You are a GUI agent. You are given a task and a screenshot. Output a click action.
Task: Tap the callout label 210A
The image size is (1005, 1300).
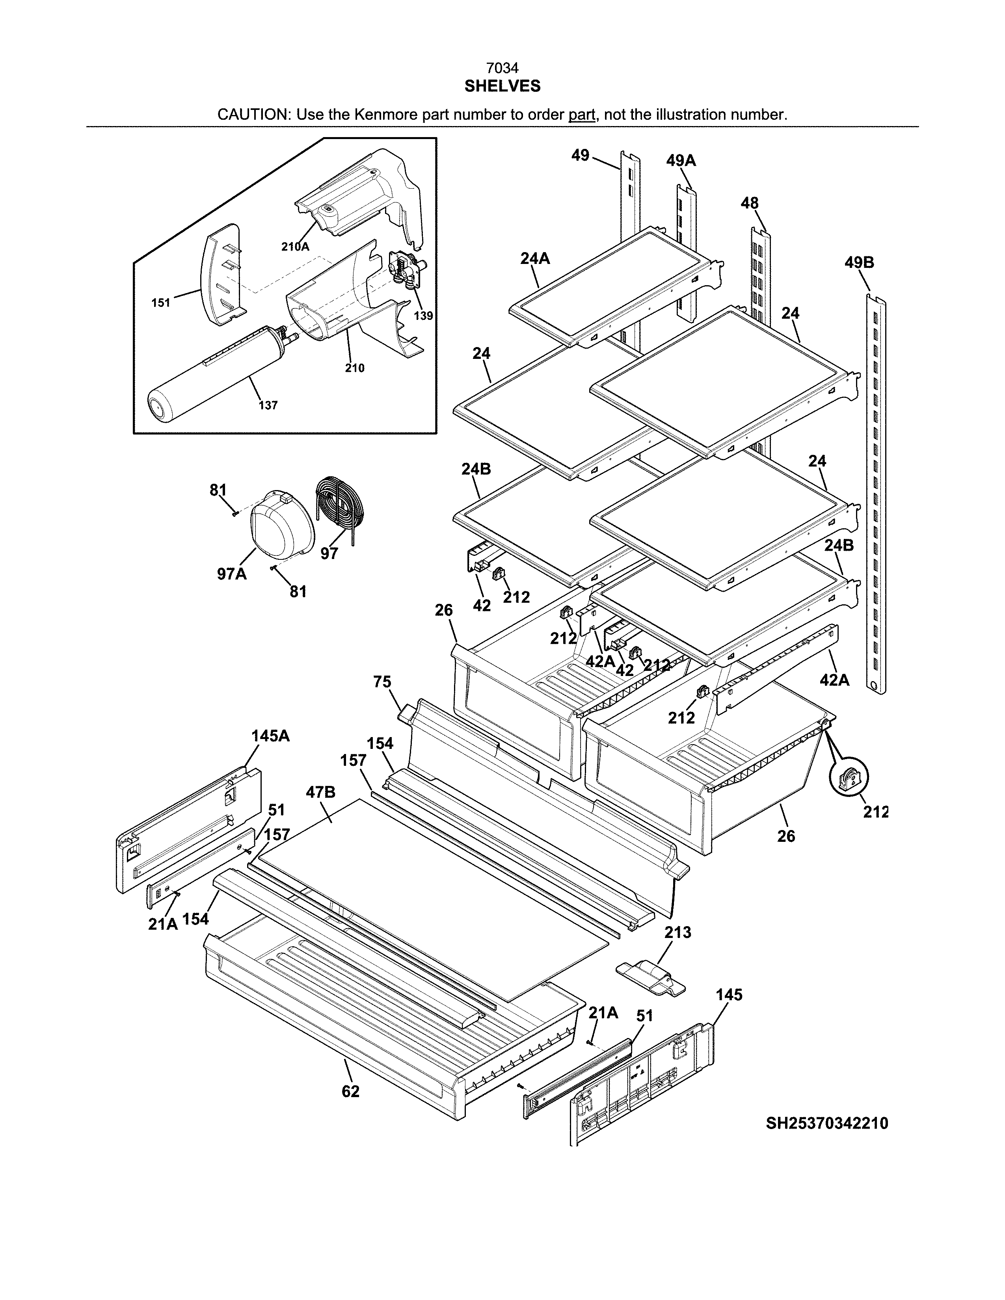coord(295,247)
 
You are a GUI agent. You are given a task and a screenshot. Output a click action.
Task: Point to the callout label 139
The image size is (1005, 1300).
coord(423,316)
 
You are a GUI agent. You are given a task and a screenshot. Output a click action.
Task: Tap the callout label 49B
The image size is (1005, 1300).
coord(859,262)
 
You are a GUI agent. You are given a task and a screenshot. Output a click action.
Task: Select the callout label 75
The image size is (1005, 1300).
coord(382,682)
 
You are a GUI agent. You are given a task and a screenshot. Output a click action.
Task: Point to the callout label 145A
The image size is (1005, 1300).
coord(270,736)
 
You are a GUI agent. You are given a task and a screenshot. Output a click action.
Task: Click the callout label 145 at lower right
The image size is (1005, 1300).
coord(729,995)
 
